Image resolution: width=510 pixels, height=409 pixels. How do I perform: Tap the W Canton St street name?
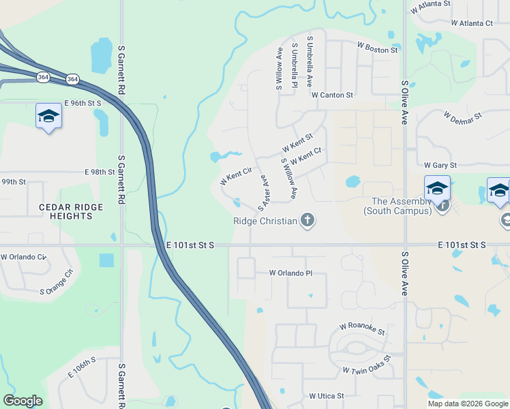[332, 95]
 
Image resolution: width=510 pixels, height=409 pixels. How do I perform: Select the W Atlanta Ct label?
[472, 23]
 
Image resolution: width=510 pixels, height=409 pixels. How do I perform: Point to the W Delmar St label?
[462, 116]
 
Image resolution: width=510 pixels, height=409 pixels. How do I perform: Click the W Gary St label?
[440, 165]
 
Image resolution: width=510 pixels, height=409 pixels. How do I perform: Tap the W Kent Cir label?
[236, 175]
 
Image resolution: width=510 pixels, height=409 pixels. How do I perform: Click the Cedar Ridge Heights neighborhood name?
[71, 211]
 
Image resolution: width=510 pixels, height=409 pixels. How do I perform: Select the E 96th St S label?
[82, 103]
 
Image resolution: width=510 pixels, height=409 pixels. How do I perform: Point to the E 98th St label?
[100, 172]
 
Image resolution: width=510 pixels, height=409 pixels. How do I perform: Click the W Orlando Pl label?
[290, 273]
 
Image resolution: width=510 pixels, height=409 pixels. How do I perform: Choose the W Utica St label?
[326, 395]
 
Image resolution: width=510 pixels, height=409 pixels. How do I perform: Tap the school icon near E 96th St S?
[49, 117]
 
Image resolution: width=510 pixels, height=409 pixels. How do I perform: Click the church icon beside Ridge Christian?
[307, 219]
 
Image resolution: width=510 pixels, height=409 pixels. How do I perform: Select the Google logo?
[22, 400]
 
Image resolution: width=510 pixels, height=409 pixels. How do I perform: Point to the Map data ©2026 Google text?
[468, 404]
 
